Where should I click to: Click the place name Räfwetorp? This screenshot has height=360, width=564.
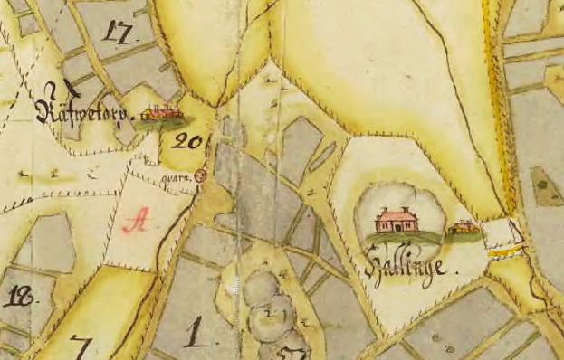click(84, 112)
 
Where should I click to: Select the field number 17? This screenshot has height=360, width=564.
click(119, 33)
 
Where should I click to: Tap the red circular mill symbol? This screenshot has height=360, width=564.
click(200, 175)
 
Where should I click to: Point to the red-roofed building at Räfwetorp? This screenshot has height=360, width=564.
click(162, 115)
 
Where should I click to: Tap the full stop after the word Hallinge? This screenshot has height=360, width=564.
click(457, 270)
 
